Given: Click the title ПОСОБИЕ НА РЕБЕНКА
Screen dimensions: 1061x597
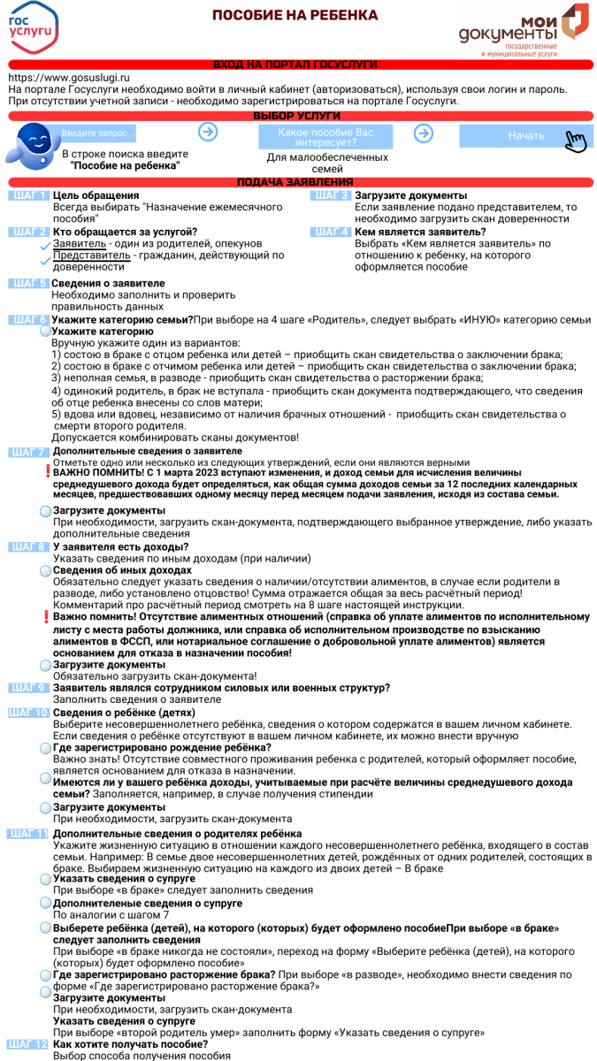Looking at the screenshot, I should [295, 15].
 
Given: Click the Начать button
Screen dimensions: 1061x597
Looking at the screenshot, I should [526, 136].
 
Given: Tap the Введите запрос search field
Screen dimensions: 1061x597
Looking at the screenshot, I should [97, 134].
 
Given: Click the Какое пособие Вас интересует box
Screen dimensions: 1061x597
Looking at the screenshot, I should [325, 136].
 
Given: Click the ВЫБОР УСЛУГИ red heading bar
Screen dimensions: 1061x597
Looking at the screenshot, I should [296, 116].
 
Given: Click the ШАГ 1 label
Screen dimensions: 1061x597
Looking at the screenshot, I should [27, 195].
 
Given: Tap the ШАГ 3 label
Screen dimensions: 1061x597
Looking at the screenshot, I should [331, 195].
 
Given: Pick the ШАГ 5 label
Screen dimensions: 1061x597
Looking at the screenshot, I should [27, 283].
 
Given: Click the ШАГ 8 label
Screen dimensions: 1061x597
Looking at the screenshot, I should [27, 546].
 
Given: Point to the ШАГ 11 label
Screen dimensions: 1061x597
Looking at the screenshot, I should [27, 834].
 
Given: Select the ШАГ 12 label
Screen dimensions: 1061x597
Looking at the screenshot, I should [27, 1044].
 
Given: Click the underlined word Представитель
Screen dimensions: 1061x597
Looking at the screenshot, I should [92, 256].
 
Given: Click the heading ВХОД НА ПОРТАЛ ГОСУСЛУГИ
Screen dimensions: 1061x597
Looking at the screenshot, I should [295, 65].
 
